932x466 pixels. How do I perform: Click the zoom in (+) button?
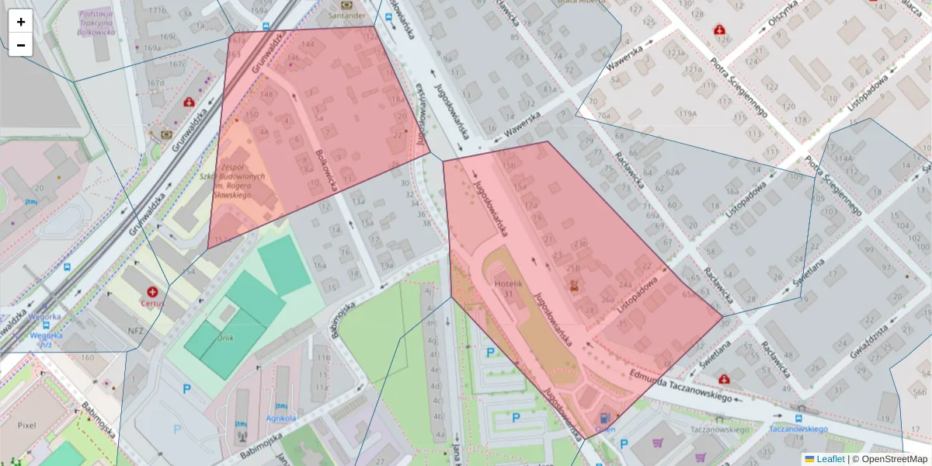(21, 22)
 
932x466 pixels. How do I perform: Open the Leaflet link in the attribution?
(830, 459)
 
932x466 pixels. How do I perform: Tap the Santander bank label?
(346, 15)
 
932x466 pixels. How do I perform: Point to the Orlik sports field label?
(226, 338)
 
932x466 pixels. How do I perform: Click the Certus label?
(152, 303)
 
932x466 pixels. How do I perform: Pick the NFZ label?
(137, 330)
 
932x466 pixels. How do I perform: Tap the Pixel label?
(27, 425)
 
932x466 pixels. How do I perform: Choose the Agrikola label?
(281, 419)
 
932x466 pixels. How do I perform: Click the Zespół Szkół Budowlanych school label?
(243, 181)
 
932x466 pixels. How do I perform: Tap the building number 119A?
(687, 114)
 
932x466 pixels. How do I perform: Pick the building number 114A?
(844, 159)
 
